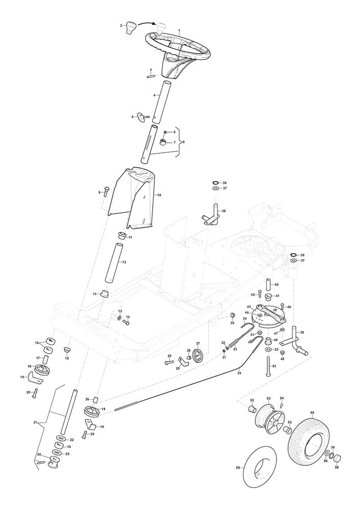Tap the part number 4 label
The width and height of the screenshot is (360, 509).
click(154, 95)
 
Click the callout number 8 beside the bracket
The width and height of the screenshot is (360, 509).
click(183, 142)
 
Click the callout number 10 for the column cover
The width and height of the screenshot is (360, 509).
click(159, 195)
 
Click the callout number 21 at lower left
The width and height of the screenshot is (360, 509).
click(36, 422)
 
